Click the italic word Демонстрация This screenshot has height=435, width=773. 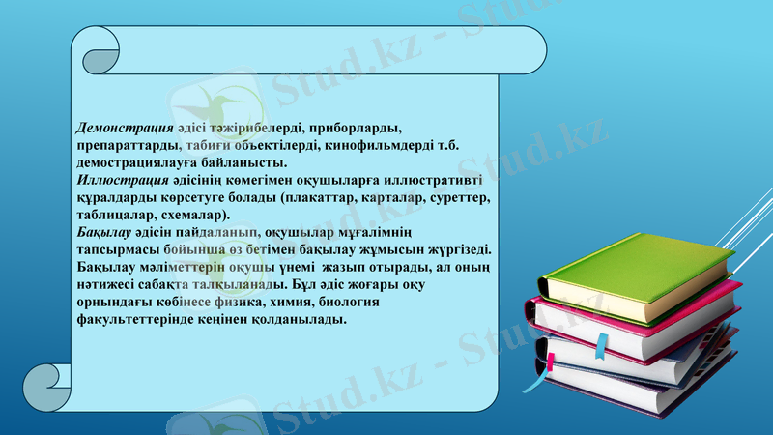(126, 128)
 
